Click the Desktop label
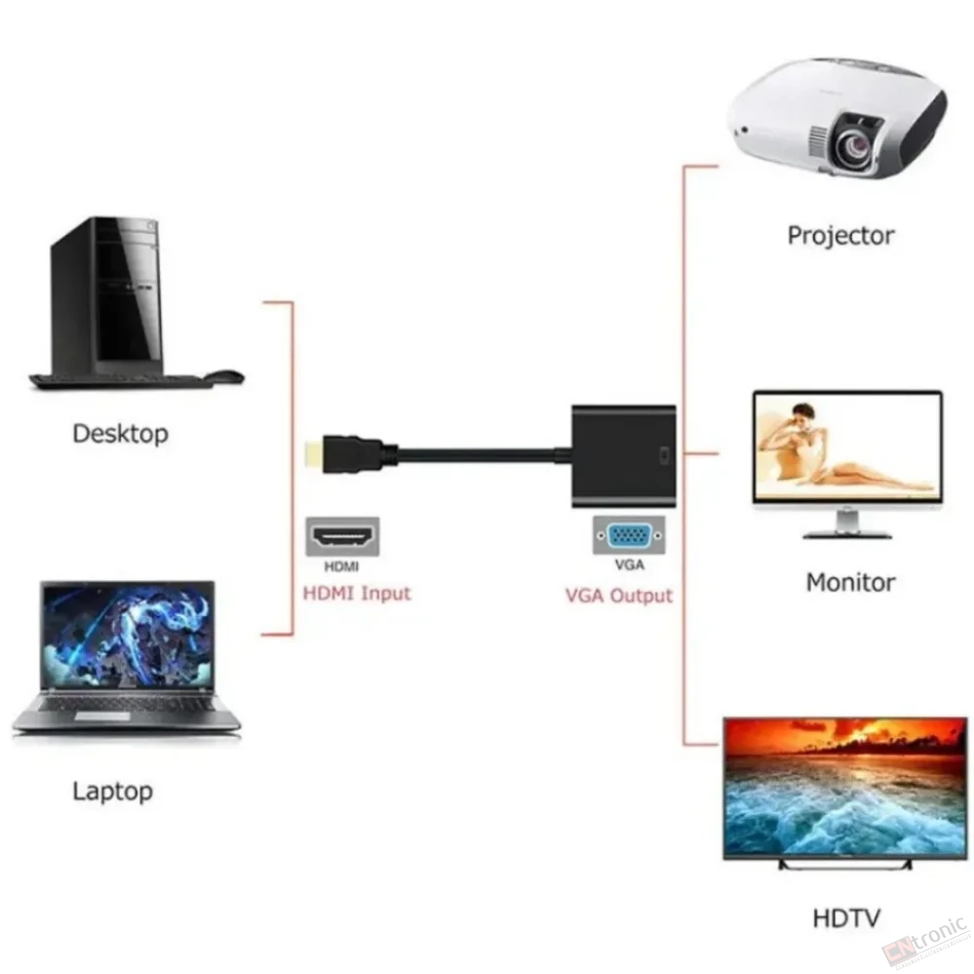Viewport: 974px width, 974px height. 121,434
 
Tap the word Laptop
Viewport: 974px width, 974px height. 112,792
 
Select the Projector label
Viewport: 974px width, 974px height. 840,236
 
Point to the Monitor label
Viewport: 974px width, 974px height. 850,583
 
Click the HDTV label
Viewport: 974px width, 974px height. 846,918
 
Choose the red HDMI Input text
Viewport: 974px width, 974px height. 357,593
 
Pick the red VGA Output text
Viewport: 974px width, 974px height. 619,596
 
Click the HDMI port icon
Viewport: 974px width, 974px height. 342,536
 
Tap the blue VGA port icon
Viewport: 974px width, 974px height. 629,535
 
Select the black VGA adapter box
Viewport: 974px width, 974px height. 624,455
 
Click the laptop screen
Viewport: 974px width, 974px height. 128,635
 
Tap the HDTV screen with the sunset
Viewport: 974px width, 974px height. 845,789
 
